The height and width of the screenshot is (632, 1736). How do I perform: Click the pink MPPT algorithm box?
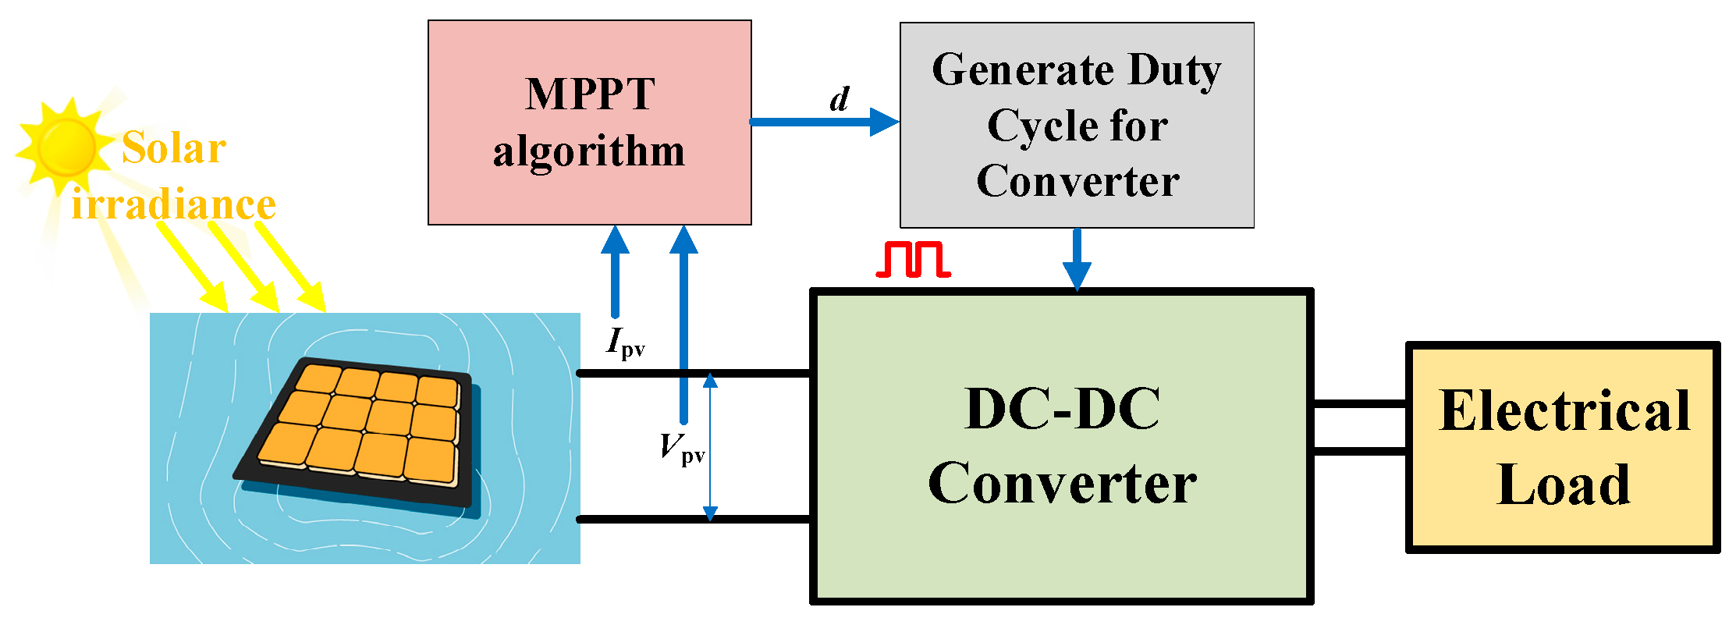(589, 122)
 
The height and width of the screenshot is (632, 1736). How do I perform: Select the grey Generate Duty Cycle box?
(1077, 125)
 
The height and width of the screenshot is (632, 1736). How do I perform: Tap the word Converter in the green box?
(1062, 483)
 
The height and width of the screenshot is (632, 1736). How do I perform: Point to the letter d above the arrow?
(840, 99)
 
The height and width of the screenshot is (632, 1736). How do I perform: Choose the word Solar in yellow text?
(173, 147)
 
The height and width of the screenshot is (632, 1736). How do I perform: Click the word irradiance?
(173, 204)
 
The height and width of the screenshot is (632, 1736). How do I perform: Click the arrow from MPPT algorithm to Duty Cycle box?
(823, 122)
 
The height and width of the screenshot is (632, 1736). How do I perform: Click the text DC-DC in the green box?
(1062, 409)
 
